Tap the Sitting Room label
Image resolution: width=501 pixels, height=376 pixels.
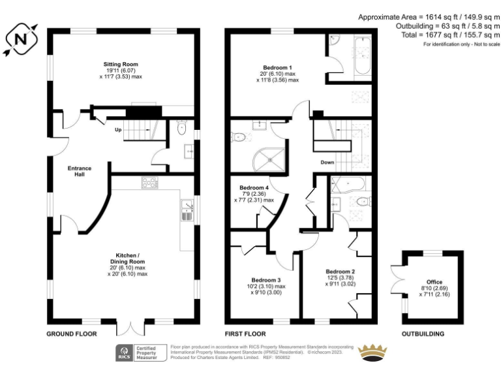click(x=121, y=64)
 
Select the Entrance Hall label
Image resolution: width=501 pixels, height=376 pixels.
click(x=80, y=171)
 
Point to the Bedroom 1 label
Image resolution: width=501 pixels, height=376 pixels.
click(x=277, y=67)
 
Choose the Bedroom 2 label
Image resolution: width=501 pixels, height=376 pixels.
click(x=340, y=272)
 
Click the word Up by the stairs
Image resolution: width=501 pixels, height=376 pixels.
click(x=118, y=129)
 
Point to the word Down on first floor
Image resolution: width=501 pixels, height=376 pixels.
click(x=327, y=162)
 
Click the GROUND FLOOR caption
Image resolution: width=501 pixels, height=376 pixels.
click(x=71, y=334)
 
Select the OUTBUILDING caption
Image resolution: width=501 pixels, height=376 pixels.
click(x=423, y=334)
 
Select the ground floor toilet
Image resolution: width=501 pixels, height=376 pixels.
click(x=181, y=127)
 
